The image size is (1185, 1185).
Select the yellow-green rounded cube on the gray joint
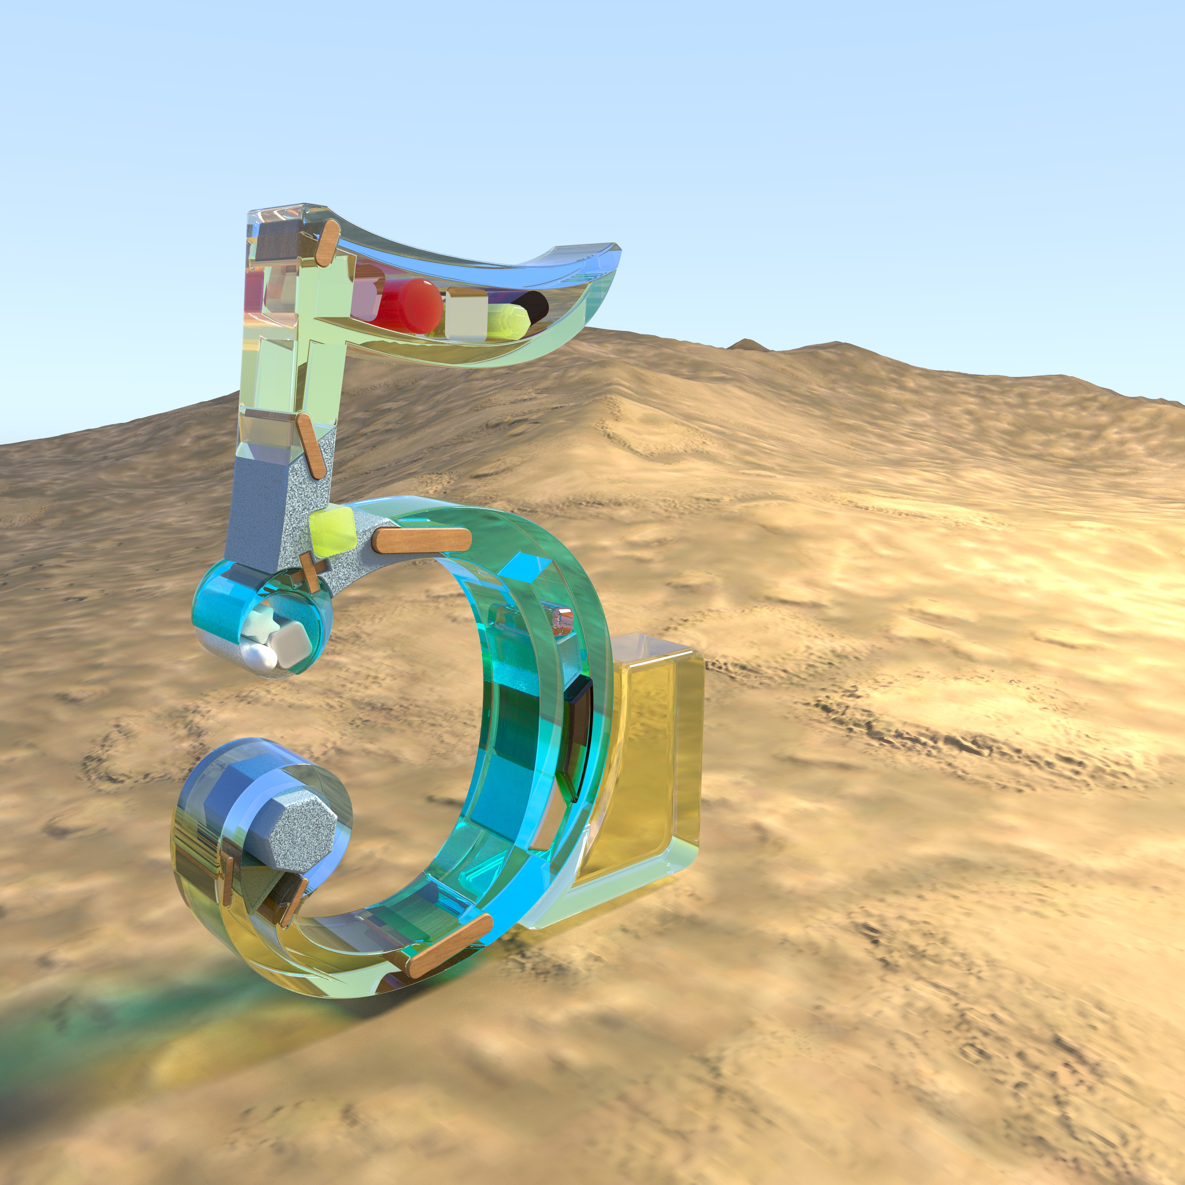coord(333,531)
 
